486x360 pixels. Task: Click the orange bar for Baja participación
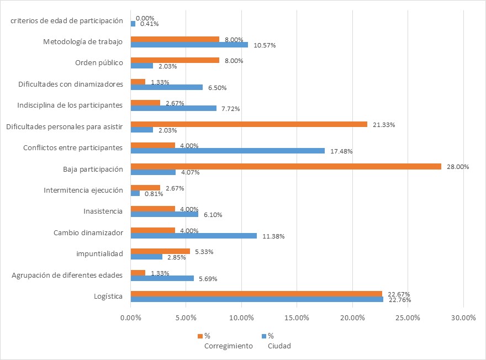(286, 166)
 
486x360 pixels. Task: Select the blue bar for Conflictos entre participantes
(228, 151)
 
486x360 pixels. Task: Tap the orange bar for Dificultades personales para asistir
(249, 124)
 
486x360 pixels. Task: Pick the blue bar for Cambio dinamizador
(193, 236)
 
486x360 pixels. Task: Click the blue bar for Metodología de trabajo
(189, 45)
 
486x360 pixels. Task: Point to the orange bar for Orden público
(175, 61)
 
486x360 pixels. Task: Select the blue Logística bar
(256, 299)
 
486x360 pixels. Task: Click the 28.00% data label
(457, 167)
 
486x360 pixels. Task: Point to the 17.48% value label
(341, 151)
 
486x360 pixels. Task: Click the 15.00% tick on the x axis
(297, 317)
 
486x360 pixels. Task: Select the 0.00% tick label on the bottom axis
(130, 317)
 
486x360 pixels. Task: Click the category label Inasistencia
(103, 211)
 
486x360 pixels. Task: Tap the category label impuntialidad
(99, 253)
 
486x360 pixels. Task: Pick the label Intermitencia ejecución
(83, 190)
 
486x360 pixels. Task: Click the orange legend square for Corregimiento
(200, 336)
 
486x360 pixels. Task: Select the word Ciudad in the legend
(279, 346)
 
